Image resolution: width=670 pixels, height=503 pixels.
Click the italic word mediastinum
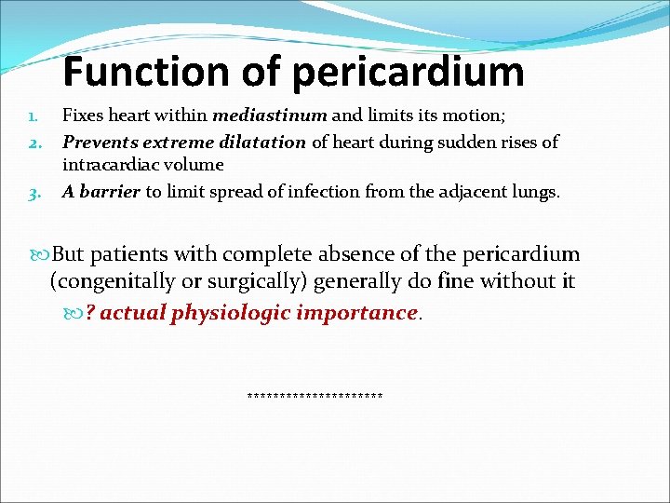[x=270, y=116]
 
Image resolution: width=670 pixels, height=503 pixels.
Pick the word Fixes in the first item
[x=83, y=116]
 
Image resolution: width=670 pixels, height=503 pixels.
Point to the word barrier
[x=110, y=192]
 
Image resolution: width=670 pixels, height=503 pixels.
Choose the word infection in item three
[x=336, y=192]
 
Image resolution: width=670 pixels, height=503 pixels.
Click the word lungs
[x=538, y=192]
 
